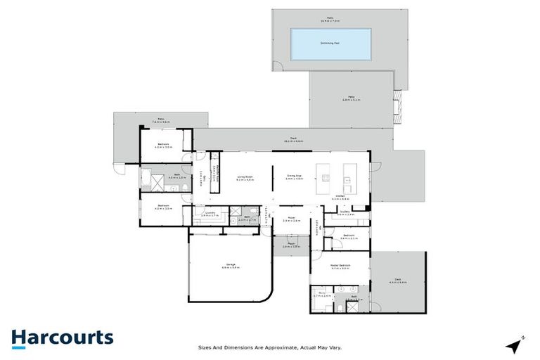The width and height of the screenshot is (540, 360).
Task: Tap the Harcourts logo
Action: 62,337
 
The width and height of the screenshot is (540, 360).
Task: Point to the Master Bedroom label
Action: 340,266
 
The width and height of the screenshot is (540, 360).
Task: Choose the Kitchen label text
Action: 340,197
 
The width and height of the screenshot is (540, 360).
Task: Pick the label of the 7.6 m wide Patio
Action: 160,120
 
